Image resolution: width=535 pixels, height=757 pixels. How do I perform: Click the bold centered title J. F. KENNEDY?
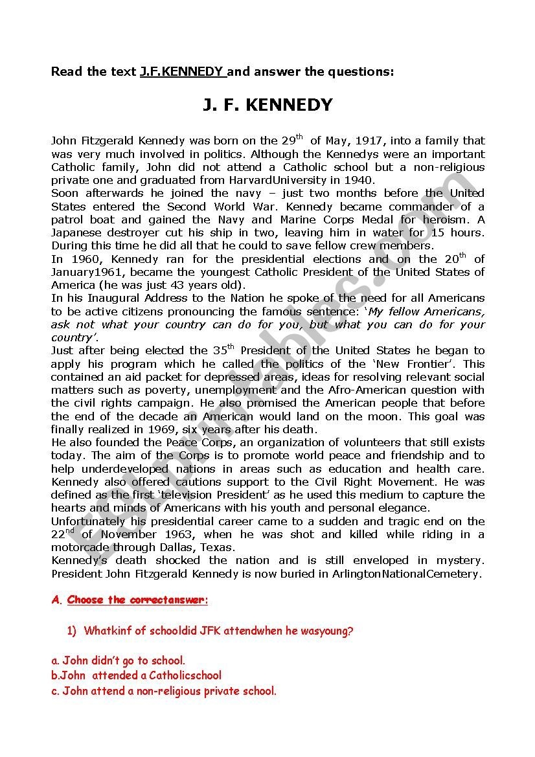(x=267, y=105)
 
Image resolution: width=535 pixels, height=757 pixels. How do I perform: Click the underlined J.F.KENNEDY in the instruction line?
(x=182, y=72)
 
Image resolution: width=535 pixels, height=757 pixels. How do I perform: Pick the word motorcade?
(x=78, y=547)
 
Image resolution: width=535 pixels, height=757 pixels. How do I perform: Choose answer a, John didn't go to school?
(x=119, y=661)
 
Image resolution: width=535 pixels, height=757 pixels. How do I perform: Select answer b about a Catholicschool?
(x=136, y=676)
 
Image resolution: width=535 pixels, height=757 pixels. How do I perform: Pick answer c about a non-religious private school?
(x=163, y=691)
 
